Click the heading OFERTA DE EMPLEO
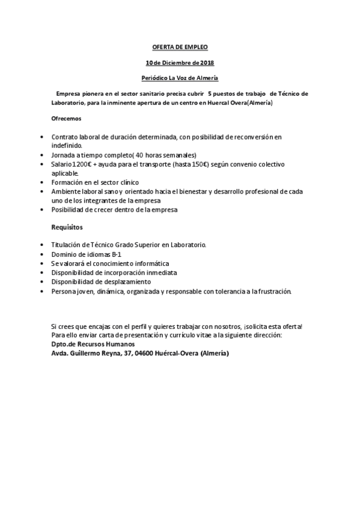pyautogui.click(x=180, y=47)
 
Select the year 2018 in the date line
pyautogui.click(x=207, y=63)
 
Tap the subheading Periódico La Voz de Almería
pyautogui.click(x=180, y=78)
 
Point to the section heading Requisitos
pyautogui.click(x=66, y=227)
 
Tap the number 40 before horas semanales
pyautogui.click(x=139, y=155)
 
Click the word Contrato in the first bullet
pyautogui.click(x=65, y=137)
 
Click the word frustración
pyautogui.click(x=272, y=291)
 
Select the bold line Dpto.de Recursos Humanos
pyautogui.click(x=93, y=344)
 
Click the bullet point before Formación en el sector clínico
pyautogui.click(x=41, y=182)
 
